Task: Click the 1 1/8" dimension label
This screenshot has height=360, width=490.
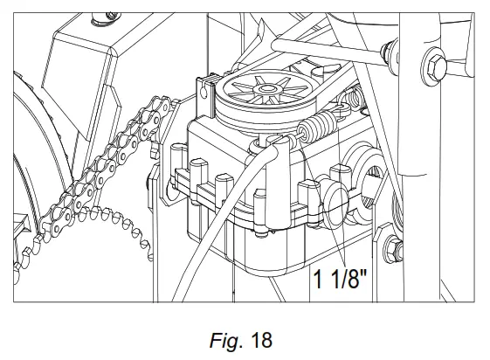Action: (x=340, y=279)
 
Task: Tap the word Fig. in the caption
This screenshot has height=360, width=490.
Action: (x=226, y=340)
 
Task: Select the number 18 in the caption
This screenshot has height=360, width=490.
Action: (x=261, y=340)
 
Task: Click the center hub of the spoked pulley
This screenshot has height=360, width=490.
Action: (x=266, y=89)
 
